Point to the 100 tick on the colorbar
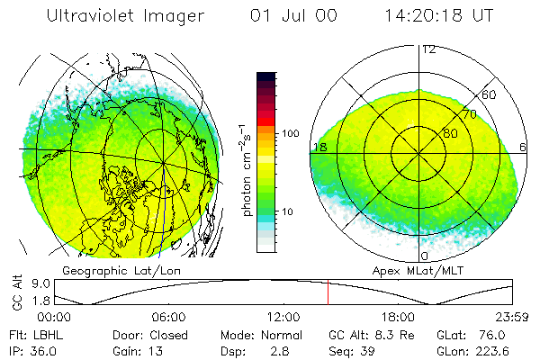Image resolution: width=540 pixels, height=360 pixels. [289, 133]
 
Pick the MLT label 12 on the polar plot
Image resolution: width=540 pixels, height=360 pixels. [428, 49]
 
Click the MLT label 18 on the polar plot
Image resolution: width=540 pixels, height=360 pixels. [319, 147]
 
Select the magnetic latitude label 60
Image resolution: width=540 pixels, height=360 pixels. [490, 94]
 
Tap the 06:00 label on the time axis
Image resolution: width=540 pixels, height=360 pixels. [168, 317]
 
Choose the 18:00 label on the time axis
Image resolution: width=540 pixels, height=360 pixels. [398, 317]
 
